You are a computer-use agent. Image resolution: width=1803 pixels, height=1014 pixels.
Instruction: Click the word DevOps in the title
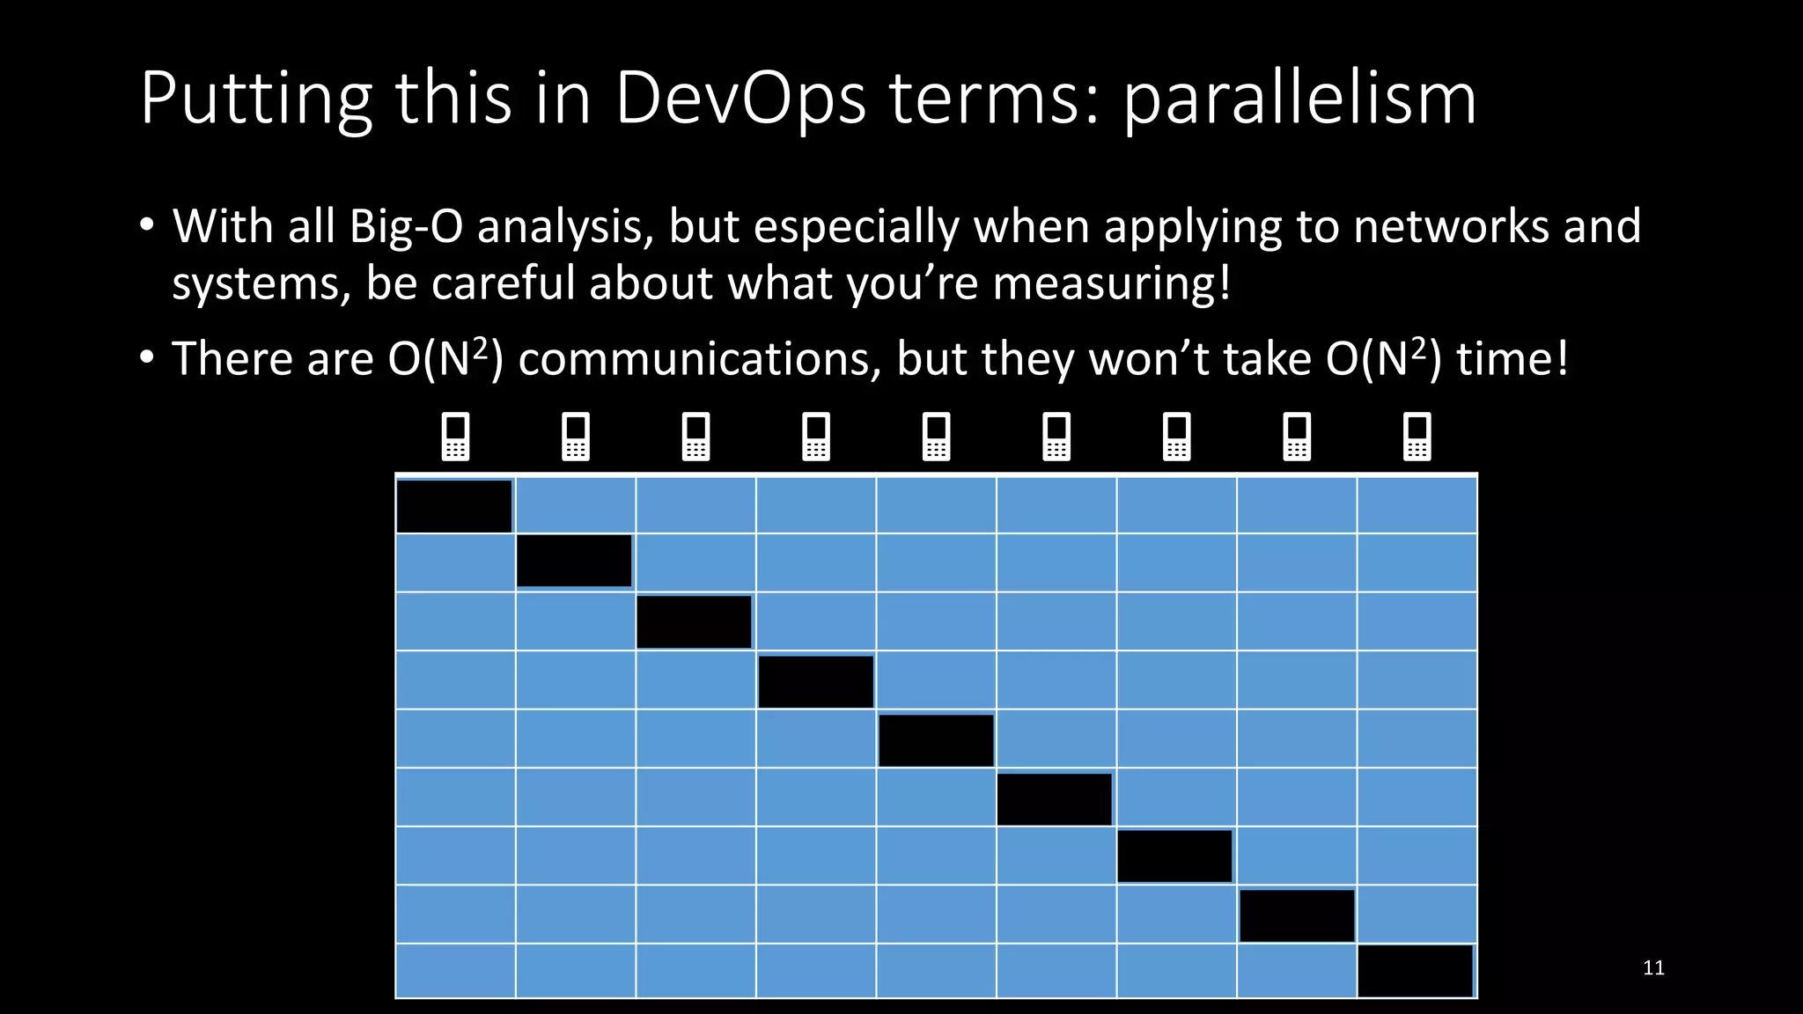click(x=740, y=99)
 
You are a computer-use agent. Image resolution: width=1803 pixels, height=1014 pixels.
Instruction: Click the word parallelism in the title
click(x=1299, y=99)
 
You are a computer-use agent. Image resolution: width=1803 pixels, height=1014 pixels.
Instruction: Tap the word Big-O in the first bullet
click(x=406, y=227)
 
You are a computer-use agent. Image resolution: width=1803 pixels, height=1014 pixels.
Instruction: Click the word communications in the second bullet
click(x=700, y=359)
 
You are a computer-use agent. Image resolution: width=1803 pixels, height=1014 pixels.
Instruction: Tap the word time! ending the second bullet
click(x=1512, y=359)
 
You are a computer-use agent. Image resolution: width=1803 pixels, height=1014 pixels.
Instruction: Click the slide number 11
click(x=1653, y=968)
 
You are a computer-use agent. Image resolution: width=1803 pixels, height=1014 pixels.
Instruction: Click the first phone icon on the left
click(x=455, y=437)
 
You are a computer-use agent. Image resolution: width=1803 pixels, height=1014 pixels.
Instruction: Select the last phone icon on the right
click(x=1417, y=437)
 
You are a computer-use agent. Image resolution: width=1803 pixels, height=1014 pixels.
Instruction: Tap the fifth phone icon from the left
click(x=936, y=437)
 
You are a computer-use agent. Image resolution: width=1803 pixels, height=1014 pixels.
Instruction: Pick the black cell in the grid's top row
click(x=454, y=506)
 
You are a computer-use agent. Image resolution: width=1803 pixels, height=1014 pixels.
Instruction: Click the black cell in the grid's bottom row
click(x=1416, y=971)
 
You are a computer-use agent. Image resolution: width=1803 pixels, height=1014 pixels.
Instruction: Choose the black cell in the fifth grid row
click(x=936, y=740)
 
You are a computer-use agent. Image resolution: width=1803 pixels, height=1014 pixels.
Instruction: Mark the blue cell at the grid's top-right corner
click(x=1417, y=505)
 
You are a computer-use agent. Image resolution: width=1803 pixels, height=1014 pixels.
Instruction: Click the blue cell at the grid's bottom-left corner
click(x=455, y=971)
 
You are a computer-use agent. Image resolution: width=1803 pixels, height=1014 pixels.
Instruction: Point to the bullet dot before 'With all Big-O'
click(x=147, y=225)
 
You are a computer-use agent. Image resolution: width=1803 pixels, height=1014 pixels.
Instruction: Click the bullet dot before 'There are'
click(x=147, y=358)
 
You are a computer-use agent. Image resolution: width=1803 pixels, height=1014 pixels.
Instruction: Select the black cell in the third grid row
click(x=694, y=622)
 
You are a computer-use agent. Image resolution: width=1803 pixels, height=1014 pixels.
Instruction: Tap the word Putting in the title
click(x=256, y=99)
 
